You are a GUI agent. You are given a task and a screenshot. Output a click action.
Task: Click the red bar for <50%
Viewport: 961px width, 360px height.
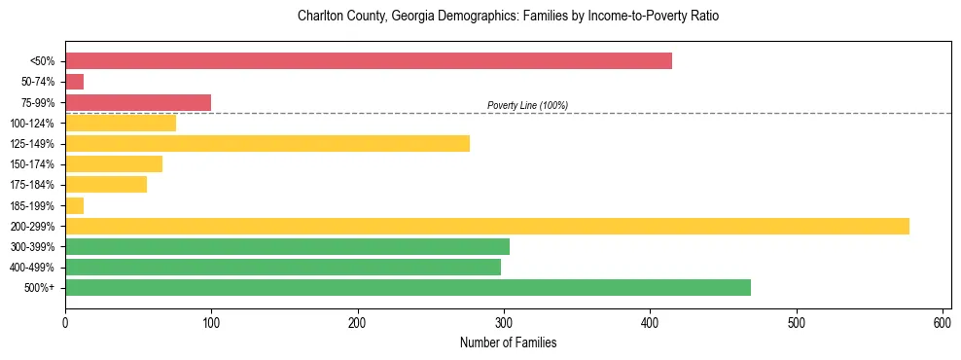369,61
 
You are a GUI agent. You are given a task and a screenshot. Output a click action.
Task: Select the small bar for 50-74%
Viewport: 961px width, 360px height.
75,82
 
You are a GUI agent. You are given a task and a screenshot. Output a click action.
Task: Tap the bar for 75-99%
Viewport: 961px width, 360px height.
138,102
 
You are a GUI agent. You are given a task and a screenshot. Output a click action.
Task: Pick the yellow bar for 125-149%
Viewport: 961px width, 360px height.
267,144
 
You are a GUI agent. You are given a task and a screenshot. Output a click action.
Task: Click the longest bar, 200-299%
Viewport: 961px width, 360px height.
487,226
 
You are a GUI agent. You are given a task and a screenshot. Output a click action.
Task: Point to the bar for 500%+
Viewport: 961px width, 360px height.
408,287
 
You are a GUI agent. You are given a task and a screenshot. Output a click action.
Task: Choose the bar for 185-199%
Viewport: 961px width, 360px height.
75,205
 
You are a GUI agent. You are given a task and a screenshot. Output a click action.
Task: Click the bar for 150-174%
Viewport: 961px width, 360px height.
114,164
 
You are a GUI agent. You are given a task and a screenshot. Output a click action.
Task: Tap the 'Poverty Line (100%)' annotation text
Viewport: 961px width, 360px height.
527,105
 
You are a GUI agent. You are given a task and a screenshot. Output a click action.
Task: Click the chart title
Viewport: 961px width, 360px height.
508,18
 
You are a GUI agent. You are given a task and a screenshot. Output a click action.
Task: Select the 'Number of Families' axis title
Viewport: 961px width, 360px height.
508,342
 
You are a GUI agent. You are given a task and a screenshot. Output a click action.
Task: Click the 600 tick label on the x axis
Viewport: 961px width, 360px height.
943,323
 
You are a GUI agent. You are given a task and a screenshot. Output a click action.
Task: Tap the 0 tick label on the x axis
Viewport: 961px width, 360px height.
65,323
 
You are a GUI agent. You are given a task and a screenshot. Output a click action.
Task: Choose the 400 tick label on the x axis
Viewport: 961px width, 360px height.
650,323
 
